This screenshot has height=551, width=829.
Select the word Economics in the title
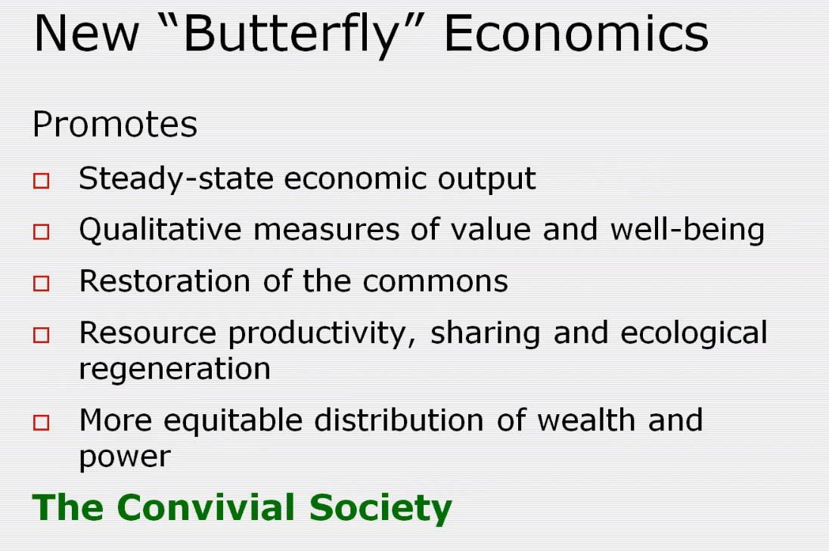tap(576, 33)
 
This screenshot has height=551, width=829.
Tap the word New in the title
tap(87, 34)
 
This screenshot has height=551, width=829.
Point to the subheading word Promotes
tap(115, 125)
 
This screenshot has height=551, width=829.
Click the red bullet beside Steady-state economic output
tap(42, 181)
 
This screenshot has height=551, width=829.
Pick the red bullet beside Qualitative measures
tap(42, 232)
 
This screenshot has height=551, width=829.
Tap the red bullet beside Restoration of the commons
tap(42, 283)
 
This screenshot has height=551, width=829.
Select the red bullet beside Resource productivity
tap(42, 335)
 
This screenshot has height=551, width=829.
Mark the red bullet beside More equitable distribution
tap(42, 423)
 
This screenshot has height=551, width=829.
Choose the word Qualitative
tap(160, 231)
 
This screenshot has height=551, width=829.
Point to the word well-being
tap(688, 231)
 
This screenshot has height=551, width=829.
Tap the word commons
tap(435, 281)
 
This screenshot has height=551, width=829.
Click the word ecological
tap(694, 333)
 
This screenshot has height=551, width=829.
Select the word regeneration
tap(175, 370)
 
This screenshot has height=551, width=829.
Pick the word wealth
tap(586, 420)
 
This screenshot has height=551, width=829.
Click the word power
tap(125, 457)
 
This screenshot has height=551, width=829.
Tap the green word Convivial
tap(206, 508)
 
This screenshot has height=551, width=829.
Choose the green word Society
tap(380, 509)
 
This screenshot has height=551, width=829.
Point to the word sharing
tap(486, 334)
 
